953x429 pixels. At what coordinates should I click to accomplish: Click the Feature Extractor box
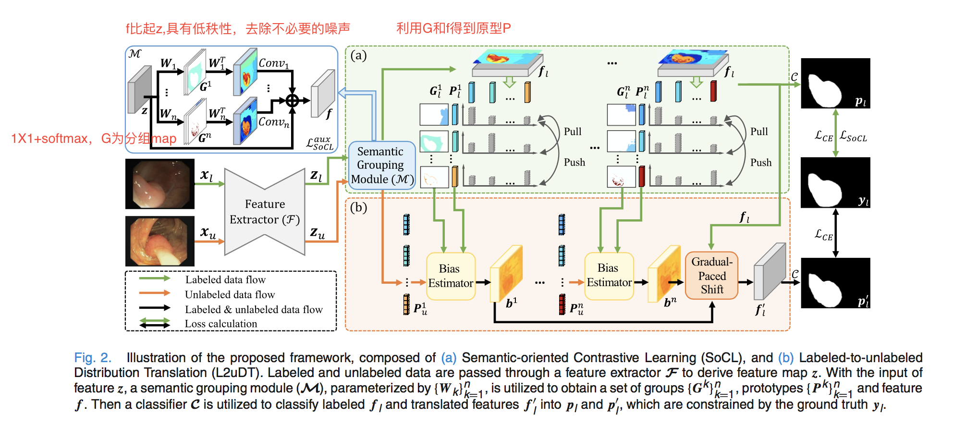tap(265, 212)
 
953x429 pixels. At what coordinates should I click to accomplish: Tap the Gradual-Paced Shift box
tap(711, 276)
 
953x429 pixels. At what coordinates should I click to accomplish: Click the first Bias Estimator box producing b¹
tap(450, 276)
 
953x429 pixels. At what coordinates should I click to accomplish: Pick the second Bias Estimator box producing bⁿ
tap(609, 276)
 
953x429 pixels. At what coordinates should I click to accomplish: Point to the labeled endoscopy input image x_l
tap(160, 184)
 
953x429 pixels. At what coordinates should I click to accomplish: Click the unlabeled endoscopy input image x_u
tap(160, 241)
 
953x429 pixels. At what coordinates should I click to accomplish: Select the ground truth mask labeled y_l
tap(835, 183)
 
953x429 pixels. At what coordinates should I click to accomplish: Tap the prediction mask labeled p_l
tap(835, 83)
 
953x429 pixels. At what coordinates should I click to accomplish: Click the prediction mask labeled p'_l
tap(835, 283)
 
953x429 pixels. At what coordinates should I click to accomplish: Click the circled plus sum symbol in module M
tap(293, 101)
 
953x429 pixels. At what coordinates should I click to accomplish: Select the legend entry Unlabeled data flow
tap(230, 294)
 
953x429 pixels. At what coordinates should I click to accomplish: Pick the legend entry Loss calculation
tap(221, 324)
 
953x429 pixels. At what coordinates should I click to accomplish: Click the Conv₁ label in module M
tap(273, 63)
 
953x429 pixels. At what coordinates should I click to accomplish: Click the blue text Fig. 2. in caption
tap(93, 358)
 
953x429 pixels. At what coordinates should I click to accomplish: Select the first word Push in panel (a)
tap(574, 163)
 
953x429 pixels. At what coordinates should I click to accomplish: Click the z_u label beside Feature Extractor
tap(318, 233)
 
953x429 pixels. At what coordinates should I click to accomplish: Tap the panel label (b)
tap(358, 207)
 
